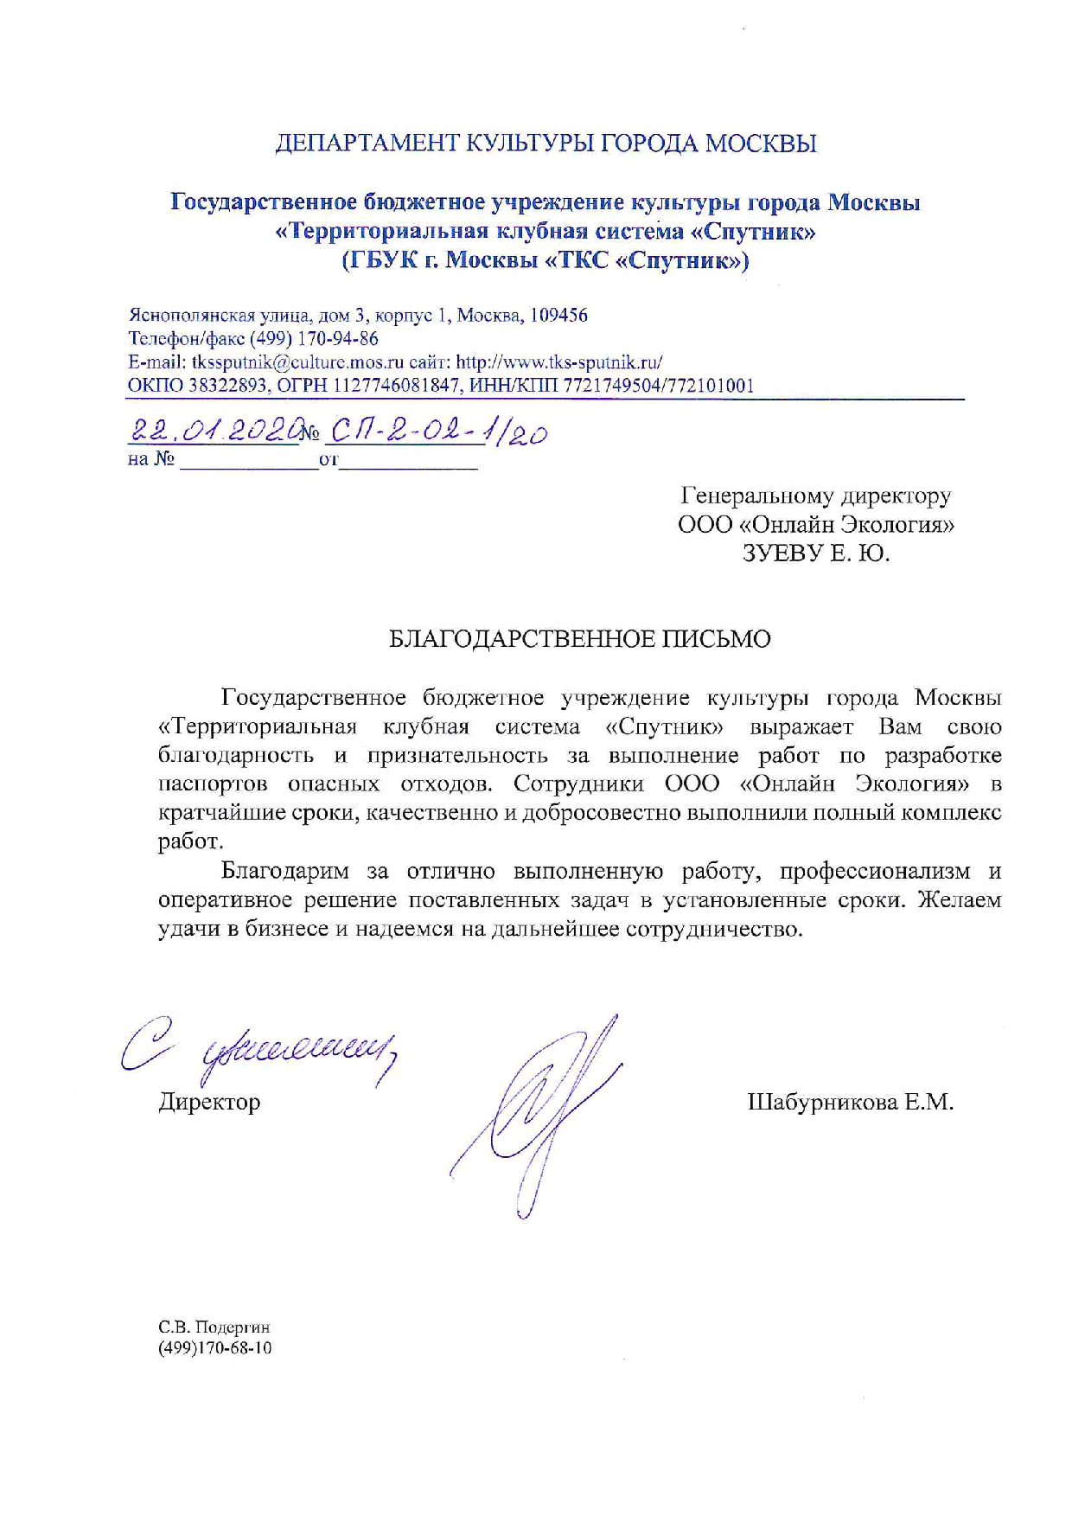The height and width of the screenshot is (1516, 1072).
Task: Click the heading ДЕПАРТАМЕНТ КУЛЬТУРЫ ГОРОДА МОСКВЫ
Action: [546, 144]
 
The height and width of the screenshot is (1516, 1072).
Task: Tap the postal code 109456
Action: [558, 316]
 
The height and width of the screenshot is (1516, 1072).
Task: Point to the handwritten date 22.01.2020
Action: [216, 431]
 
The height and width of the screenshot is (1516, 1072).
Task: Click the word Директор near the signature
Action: [209, 1102]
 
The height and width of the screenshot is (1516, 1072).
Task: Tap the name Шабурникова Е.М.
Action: [850, 1102]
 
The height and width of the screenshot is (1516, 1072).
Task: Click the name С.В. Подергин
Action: [214, 1327]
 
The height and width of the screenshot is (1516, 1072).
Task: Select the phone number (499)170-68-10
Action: [214, 1348]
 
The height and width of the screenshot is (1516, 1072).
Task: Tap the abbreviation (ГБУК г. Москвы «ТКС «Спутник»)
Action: [546, 260]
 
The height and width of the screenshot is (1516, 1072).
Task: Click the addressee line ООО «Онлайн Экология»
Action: [816, 525]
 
